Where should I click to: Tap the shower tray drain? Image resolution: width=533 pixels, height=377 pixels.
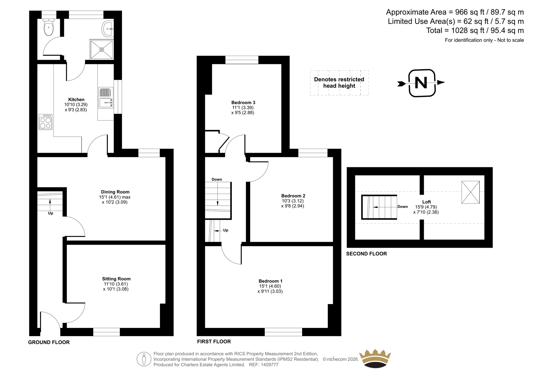pos(102,50)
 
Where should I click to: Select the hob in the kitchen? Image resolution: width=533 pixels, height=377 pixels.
pos(45,122)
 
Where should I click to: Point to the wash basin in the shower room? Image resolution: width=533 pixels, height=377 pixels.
pos(108,29)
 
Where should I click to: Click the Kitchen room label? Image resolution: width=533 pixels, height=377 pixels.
pos(76,100)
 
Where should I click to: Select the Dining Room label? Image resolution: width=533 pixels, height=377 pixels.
pos(115,192)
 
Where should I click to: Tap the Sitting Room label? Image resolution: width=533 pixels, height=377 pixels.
pos(116,279)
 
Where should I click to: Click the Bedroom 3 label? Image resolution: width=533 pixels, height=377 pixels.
pos(243,102)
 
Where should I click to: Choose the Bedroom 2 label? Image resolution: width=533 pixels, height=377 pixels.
pos(293,196)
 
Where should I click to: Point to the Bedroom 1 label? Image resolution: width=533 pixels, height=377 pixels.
pos(270,281)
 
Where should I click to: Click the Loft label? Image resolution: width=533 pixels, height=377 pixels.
pos(427,202)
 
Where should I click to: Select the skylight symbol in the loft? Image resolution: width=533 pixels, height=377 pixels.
pos(470,192)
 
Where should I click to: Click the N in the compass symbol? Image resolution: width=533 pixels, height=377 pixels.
pos(421,83)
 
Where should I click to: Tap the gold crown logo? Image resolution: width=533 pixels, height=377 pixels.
pos(375,358)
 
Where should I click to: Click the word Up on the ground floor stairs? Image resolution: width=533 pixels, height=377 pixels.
pos(50,213)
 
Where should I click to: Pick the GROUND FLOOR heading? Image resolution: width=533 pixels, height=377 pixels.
pos(49,342)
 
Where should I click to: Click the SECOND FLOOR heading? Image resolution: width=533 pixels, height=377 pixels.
pos(366,254)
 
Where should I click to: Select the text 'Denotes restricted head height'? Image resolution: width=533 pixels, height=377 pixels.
pos(339,83)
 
